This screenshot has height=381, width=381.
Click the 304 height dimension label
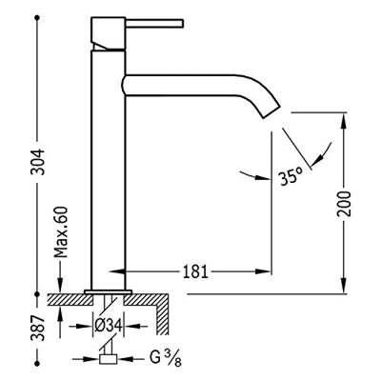[38, 162]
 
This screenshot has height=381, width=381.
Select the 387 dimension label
[38, 328]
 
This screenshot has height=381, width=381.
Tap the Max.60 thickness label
[61, 231]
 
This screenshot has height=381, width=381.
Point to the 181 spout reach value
[195, 271]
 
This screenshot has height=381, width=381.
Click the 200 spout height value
[344, 204]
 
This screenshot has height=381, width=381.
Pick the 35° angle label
[291, 176]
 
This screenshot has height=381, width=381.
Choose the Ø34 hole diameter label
[109, 326]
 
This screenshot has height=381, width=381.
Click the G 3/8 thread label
[166, 359]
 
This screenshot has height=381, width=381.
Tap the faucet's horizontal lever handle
[154, 24]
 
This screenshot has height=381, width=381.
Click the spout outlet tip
[272, 111]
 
